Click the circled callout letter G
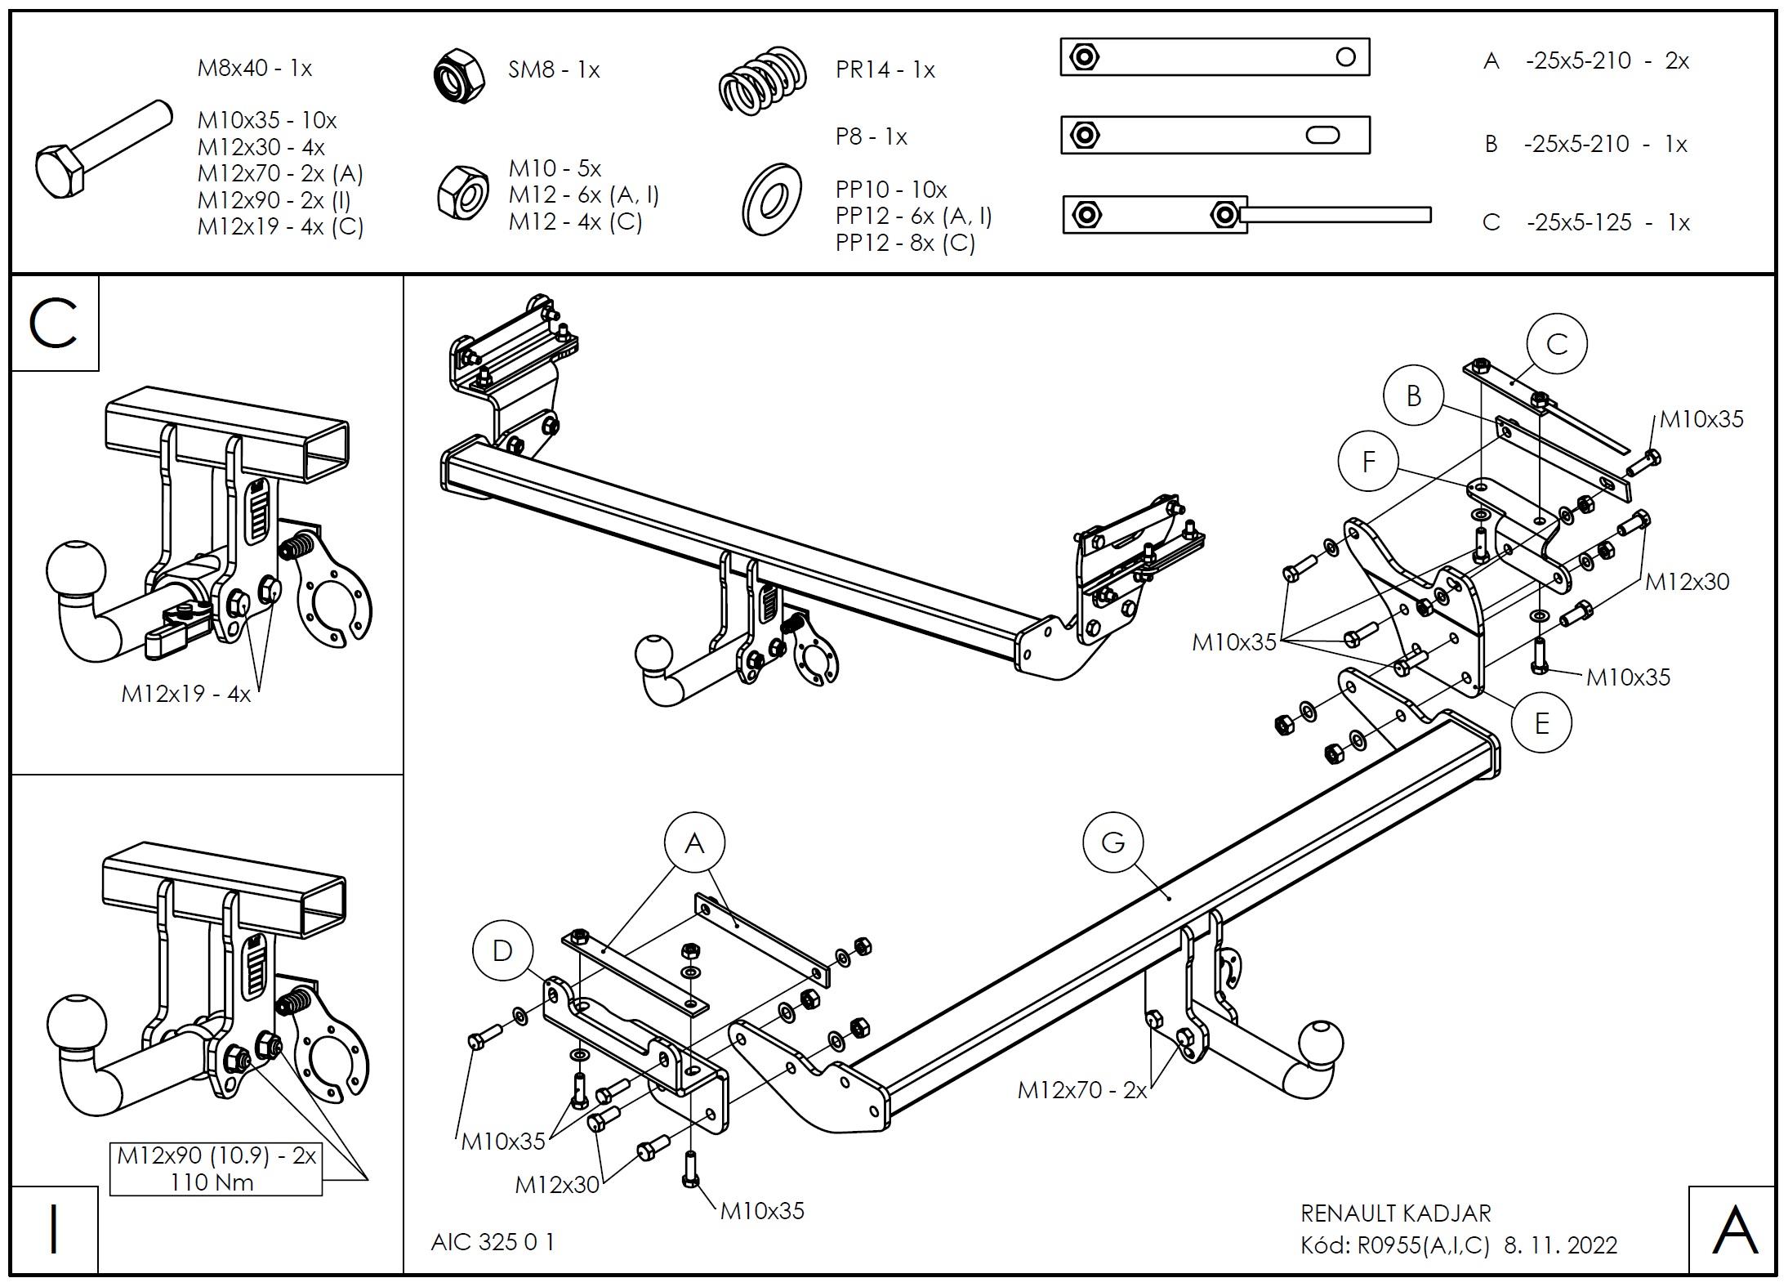click(x=1113, y=842)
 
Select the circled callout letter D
click(x=502, y=950)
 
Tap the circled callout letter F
click(x=1369, y=462)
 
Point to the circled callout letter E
click(x=1541, y=723)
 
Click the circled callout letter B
click(x=1414, y=395)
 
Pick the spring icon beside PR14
click(x=763, y=79)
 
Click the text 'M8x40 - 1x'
click(x=255, y=68)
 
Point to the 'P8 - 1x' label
click(x=871, y=136)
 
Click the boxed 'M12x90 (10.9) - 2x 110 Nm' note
click(x=216, y=1169)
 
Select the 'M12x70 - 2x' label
click(x=1081, y=1089)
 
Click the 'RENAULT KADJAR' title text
click(x=1395, y=1213)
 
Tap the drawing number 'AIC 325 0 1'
click(x=493, y=1242)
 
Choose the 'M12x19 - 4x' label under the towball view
click(x=186, y=694)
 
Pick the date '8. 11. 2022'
click(x=1561, y=1245)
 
